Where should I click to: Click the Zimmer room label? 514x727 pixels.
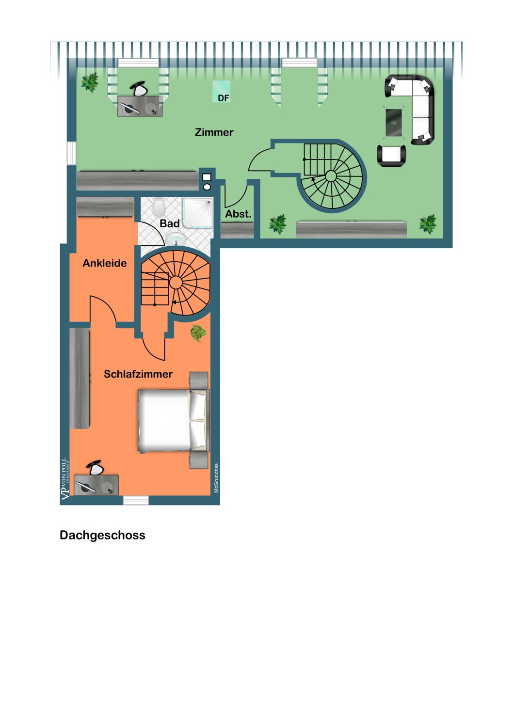coord(214,132)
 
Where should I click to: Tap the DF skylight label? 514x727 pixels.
coord(224,98)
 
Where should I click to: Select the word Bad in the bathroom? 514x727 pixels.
coord(170,223)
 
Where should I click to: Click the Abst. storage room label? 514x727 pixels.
coord(238,214)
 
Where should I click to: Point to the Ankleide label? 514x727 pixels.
coord(105,263)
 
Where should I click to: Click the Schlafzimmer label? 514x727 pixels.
coord(138,374)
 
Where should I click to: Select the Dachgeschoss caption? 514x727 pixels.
coord(102,535)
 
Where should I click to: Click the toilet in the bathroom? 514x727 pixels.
coord(159,207)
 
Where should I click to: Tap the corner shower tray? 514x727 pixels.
coord(197,213)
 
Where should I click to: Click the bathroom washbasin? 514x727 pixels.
coord(176,239)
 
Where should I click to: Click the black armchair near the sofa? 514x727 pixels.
coord(391,156)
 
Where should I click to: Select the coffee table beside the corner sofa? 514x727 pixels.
coord(394,123)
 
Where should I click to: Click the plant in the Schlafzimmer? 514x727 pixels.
coord(198,332)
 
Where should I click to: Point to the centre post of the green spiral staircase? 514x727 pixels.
coord(331,176)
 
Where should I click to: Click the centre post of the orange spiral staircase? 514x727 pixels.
coord(176,283)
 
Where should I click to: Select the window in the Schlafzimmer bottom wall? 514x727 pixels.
coord(136,500)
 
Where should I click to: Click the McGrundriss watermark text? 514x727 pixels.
coord(217,478)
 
